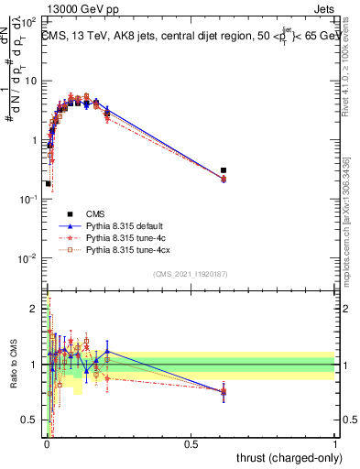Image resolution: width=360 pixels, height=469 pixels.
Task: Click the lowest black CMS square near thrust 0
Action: (x=48, y=183)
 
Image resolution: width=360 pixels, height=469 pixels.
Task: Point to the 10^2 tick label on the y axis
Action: (x=31, y=22)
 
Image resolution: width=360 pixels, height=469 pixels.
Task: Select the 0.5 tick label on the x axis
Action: (x=191, y=443)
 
